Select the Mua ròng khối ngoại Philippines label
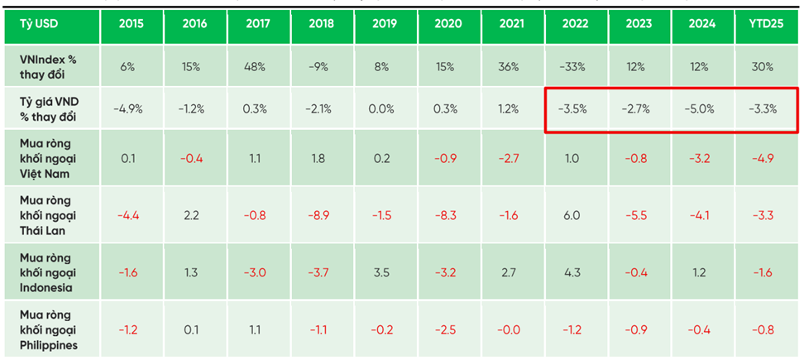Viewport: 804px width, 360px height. (x=49, y=329)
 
